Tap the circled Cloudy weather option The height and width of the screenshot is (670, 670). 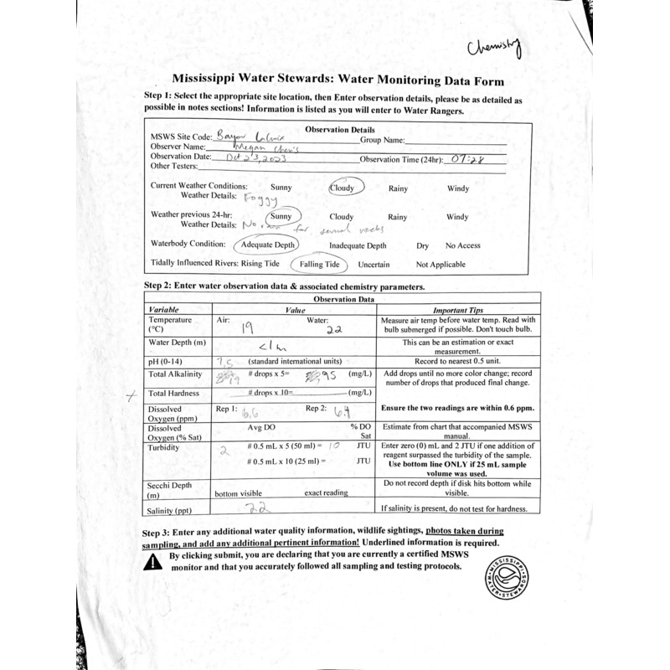pyautogui.click(x=342, y=188)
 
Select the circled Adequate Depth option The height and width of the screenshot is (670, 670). pyautogui.click(x=265, y=245)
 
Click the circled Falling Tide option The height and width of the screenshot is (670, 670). pyautogui.click(x=319, y=265)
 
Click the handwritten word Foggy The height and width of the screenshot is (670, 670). pyautogui.click(x=260, y=199)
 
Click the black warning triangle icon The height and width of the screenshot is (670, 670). pyautogui.click(x=152, y=562)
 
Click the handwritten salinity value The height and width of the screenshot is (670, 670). pyautogui.click(x=255, y=508)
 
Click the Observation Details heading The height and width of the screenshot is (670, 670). pyautogui.click(x=340, y=130)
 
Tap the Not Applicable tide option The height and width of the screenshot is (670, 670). pyautogui.click(x=441, y=265)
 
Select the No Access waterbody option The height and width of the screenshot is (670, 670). pyautogui.click(x=462, y=245)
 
